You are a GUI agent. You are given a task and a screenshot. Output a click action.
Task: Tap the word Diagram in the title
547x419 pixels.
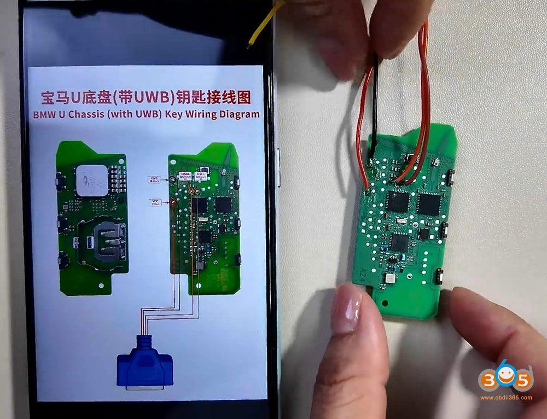pos(235,114)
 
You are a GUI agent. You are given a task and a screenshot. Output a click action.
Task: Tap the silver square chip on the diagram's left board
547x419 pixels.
pos(92,181)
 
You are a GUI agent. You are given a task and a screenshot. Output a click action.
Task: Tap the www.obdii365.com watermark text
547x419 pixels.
pos(506,397)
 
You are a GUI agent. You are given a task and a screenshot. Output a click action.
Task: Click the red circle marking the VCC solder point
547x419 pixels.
pos(172,202)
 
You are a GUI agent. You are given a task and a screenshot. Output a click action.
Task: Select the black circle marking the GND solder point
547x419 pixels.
pos(172,179)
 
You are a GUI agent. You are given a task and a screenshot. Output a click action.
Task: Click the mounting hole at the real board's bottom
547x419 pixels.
pos(382,300)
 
